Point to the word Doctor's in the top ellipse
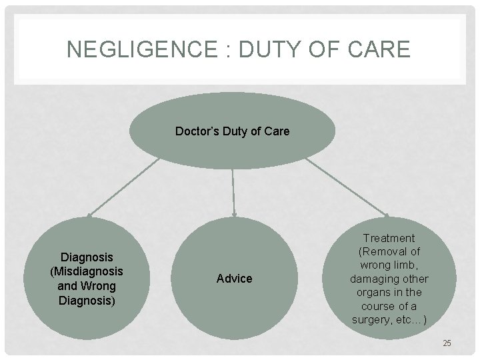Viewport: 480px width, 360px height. [195, 131]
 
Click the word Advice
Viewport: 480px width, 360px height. [235, 279]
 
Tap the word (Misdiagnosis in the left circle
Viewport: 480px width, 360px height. [87, 271]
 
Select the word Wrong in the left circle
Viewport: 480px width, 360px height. [101, 286]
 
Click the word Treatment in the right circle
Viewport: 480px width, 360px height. [389, 238]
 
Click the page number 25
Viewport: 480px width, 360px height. [447, 343]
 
